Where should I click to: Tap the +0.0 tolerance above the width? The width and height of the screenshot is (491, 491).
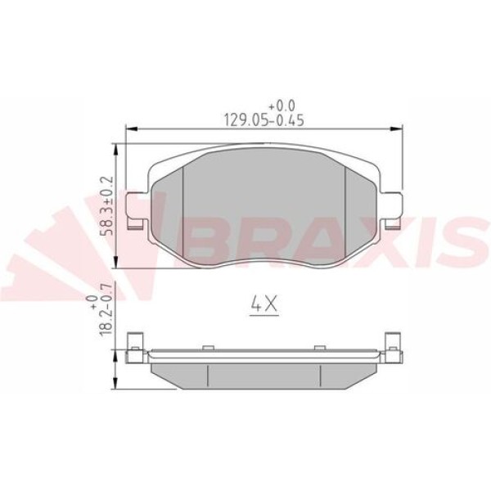pyautogui.click(x=281, y=106)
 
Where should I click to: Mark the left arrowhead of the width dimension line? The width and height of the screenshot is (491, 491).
pyautogui.click(x=129, y=128)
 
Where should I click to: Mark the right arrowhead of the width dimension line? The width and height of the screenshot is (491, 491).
pyautogui.click(x=399, y=128)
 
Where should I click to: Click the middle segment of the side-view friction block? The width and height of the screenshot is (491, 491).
pyautogui.click(x=264, y=375)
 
